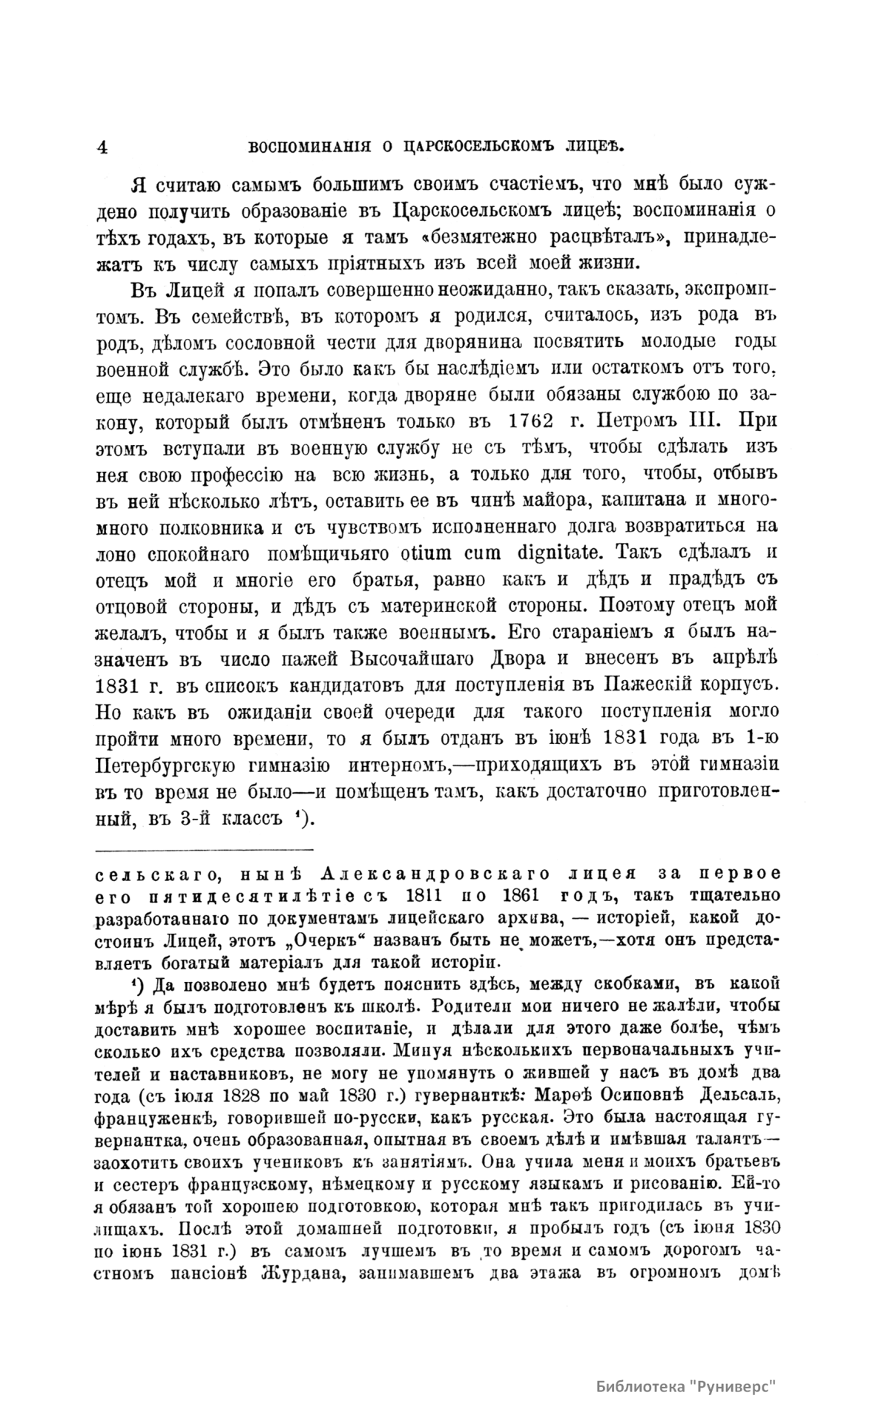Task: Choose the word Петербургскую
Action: pyautogui.click(x=177, y=764)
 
